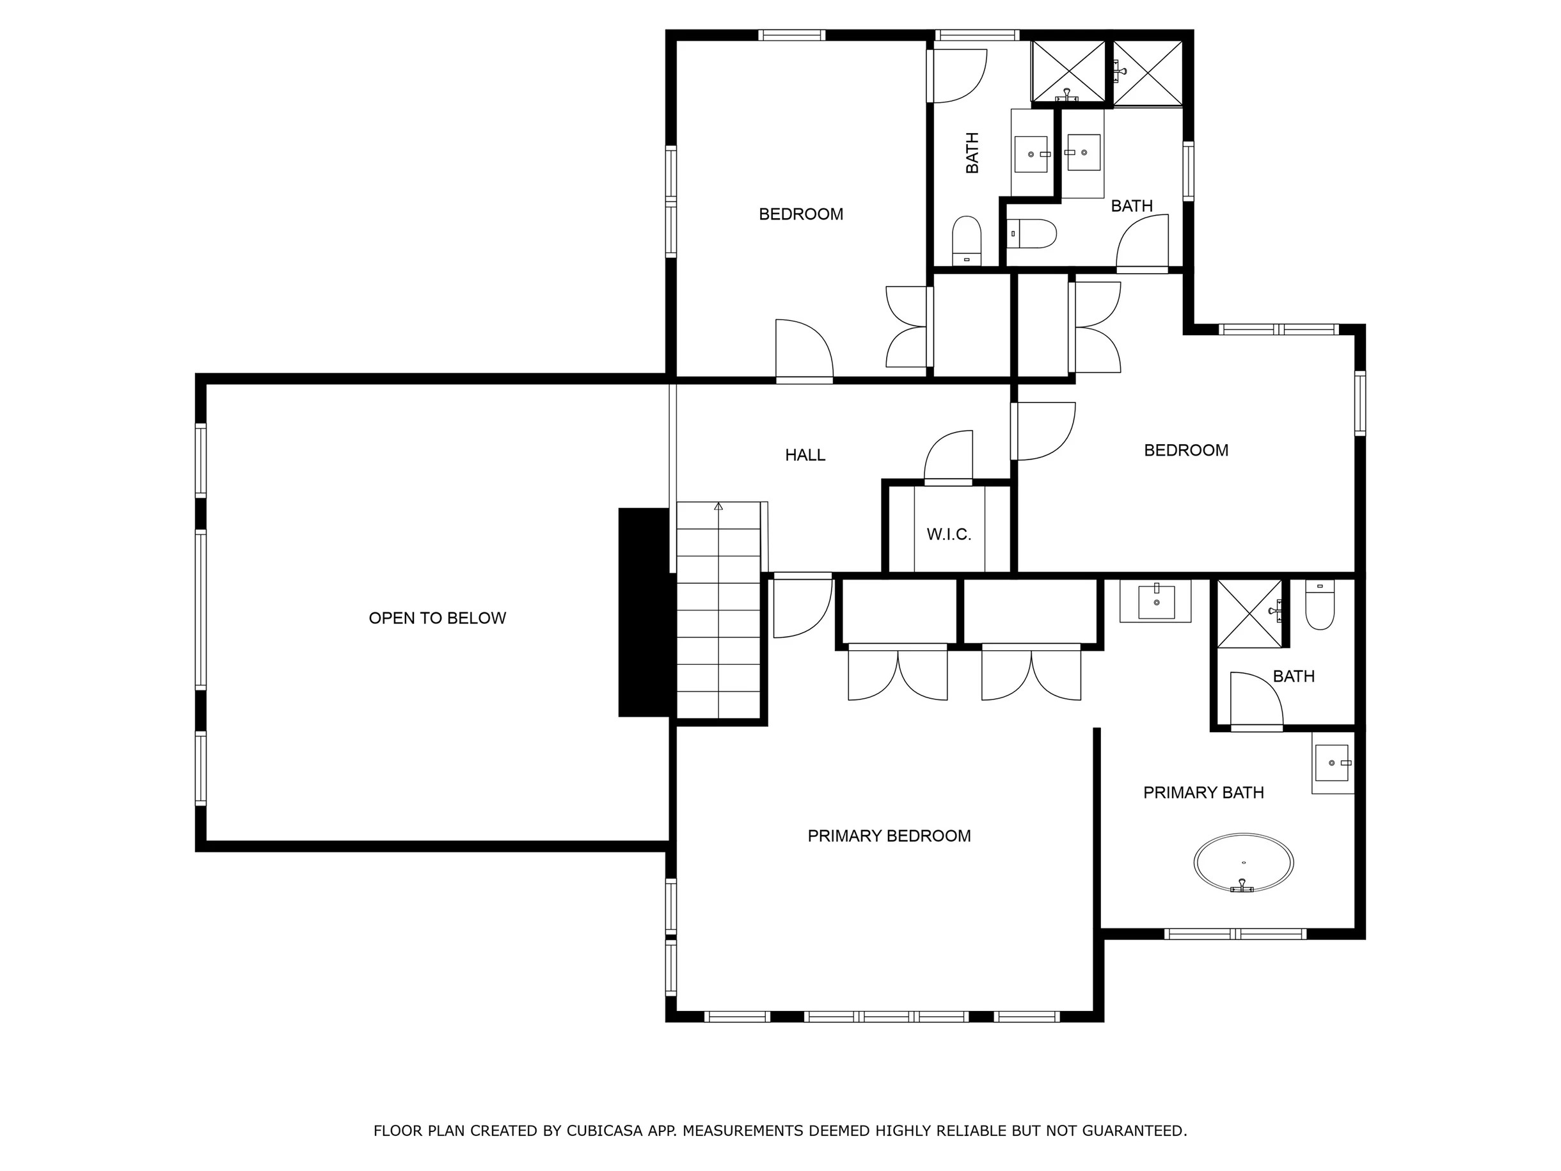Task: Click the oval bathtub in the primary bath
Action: tap(1244, 863)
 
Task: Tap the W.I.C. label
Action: tap(949, 534)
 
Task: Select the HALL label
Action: tap(805, 455)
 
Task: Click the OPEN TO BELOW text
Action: tap(438, 618)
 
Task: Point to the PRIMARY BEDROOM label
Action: tap(889, 836)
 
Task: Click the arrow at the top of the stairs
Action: tap(718, 506)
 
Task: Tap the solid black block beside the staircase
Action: tap(644, 612)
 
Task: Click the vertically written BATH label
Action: tap(972, 152)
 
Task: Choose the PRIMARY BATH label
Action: tap(1203, 793)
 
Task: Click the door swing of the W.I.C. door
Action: tap(947, 456)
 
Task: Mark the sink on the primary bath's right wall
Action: tap(1333, 763)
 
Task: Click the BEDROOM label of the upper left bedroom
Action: tap(801, 214)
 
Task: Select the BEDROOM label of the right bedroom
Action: tap(1186, 450)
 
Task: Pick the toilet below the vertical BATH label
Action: tap(967, 241)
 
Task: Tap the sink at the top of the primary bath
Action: tap(1156, 601)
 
